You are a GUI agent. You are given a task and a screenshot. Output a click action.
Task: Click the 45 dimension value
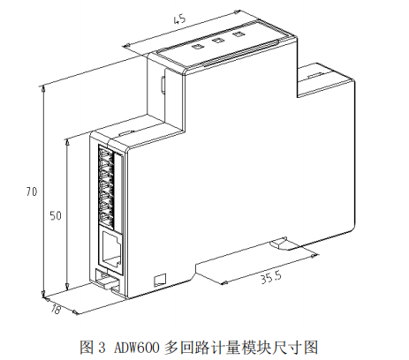click(180, 19)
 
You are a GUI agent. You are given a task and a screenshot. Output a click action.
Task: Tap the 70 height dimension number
click(32, 191)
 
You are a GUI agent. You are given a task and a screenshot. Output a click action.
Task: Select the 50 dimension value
click(56, 215)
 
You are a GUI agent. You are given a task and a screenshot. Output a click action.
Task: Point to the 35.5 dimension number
click(271, 277)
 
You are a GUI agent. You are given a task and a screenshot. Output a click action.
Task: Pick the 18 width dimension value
click(55, 309)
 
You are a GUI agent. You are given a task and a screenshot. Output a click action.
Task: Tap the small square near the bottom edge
click(160, 280)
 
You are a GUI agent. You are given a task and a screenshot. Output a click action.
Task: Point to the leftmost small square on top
click(197, 47)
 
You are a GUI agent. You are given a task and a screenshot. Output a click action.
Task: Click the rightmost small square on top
click(239, 34)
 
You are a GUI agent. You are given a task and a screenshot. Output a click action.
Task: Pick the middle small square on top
click(218, 41)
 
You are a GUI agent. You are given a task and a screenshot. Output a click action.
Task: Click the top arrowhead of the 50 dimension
click(67, 142)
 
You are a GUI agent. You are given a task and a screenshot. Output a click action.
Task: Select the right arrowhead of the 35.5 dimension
click(315, 256)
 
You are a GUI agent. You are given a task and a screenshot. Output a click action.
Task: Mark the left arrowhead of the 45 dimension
click(126, 46)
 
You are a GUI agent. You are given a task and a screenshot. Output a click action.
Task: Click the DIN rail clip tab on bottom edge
click(279, 244)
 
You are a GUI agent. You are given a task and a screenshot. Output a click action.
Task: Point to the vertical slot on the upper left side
click(163, 85)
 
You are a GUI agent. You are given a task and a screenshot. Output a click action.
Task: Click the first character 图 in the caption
click(86, 348)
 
